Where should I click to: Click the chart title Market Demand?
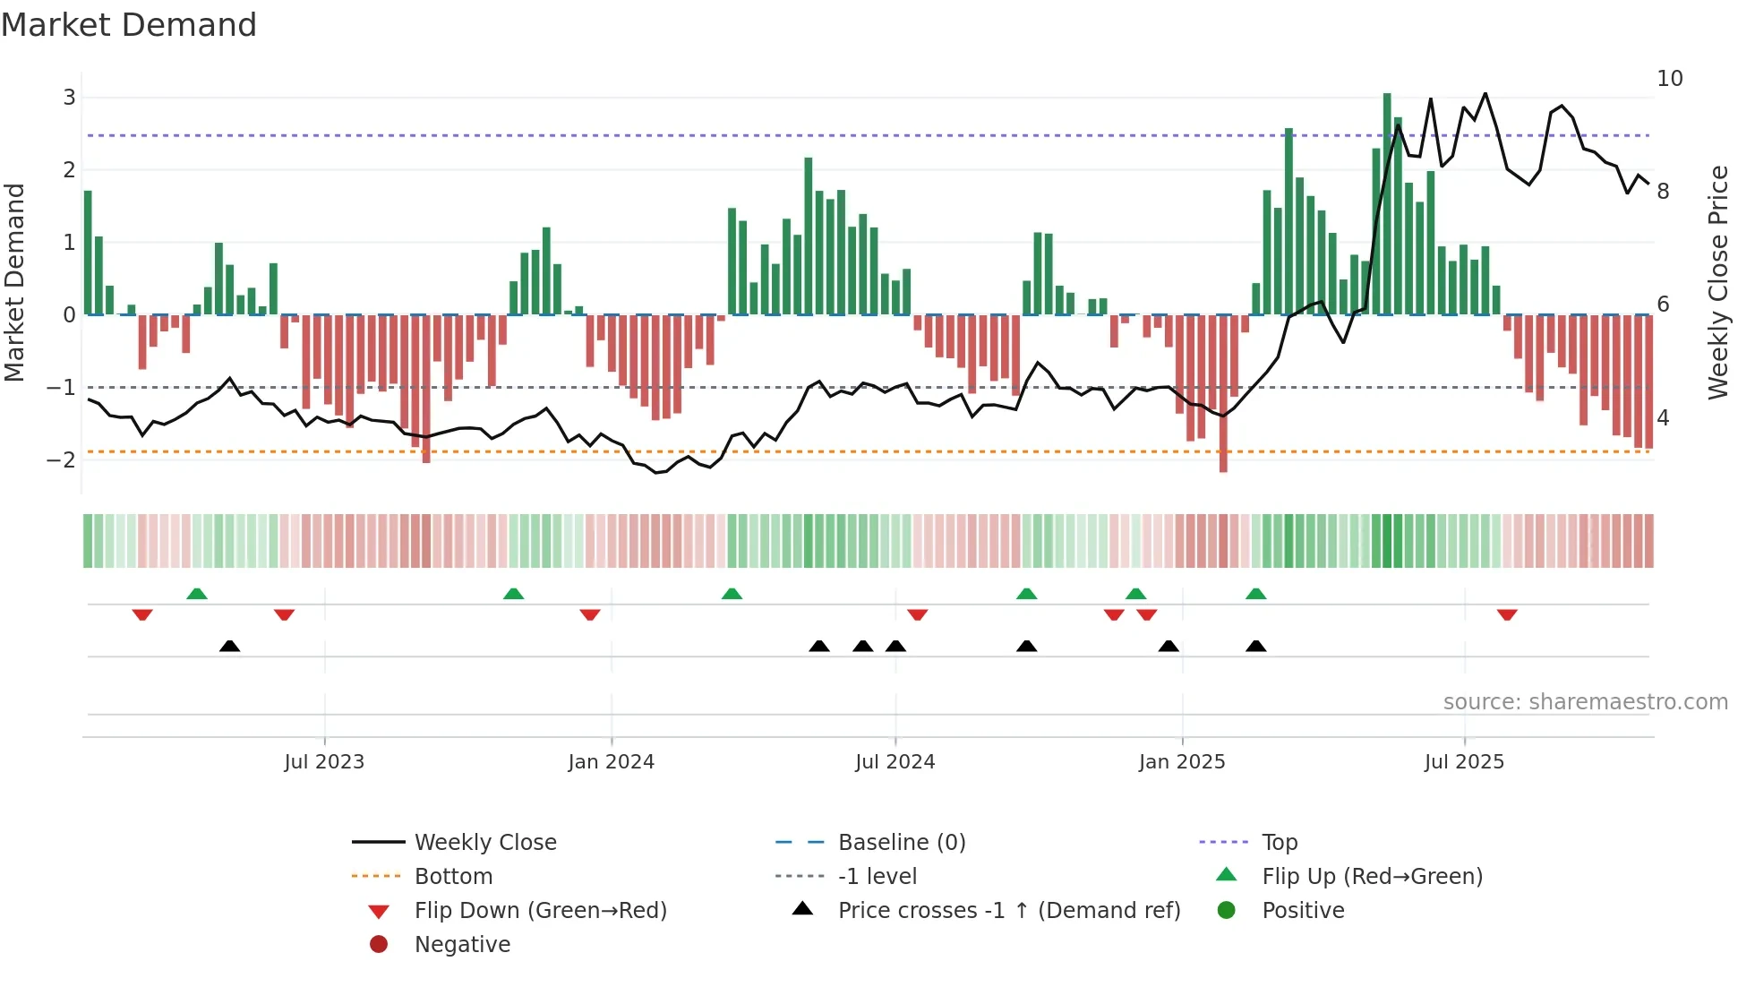pos(129,25)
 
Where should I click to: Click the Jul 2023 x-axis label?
pos(324,762)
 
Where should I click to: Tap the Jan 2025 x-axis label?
pos(1182,762)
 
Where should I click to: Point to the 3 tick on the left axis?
pos(69,97)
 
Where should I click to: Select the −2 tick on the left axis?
pos(62,459)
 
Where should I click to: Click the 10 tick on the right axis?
pos(1669,79)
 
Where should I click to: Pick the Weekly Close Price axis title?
pos(1717,282)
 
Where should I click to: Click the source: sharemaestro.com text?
pos(1585,701)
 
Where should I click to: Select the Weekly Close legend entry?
pos(484,842)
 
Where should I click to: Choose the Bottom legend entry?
pos(453,876)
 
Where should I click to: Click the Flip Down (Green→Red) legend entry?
pos(540,910)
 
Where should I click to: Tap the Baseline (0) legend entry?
pos(901,842)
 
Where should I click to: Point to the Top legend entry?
pos(1280,842)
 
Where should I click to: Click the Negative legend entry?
pos(462,944)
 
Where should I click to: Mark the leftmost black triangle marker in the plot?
pos(230,646)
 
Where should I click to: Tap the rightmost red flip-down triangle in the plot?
pos(1507,614)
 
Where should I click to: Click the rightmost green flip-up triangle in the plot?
pos(1256,594)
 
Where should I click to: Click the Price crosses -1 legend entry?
pos(1008,910)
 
